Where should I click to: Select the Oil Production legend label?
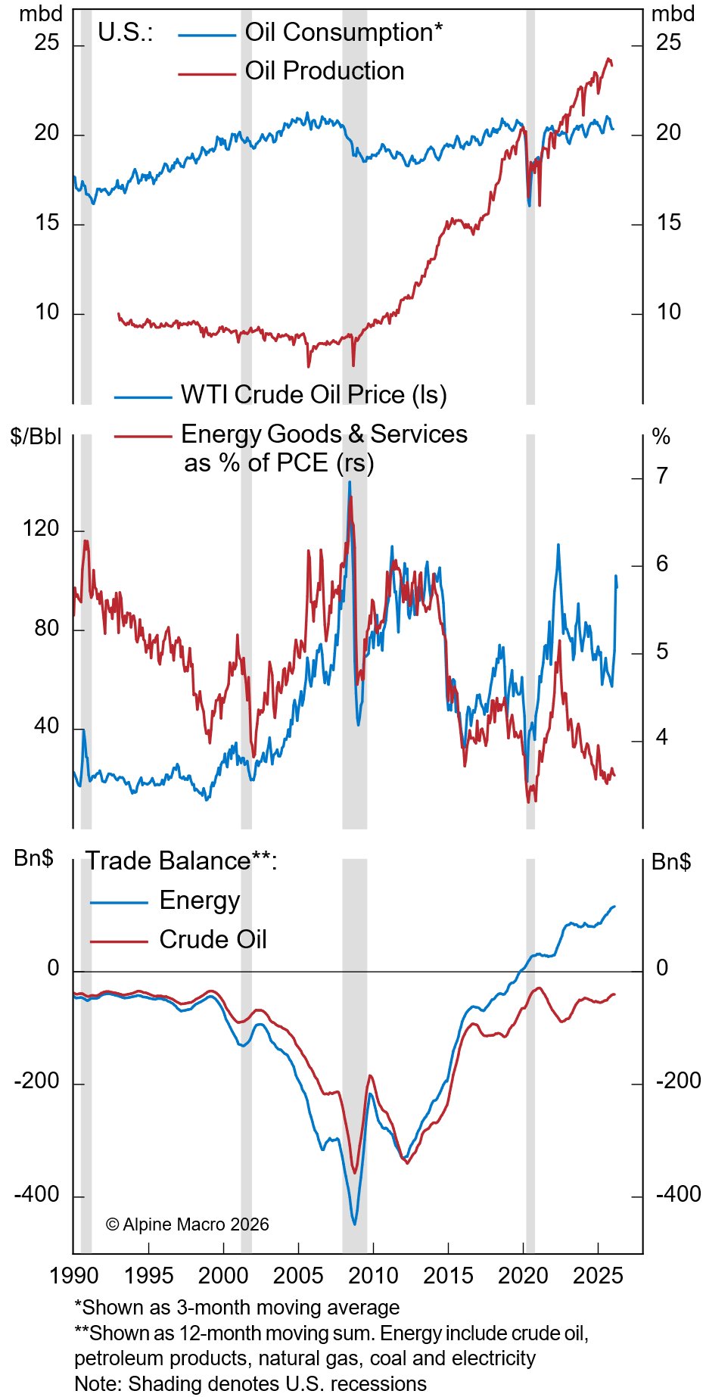tap(324, 71)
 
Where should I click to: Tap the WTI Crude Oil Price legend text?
tap(313, 394)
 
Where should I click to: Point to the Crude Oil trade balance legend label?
tap(213, 939)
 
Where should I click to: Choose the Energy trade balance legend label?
tap(199, 900)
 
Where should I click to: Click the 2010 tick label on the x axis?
tap(373, 1275)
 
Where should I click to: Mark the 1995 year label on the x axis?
tap(149, 1275)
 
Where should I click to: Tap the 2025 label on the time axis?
tap(598, 1275)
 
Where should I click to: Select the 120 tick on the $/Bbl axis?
tap(41, 528)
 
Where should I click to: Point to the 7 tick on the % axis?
tap(662, 476)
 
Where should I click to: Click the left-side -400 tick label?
tap(36, 1195)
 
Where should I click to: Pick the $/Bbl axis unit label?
tap(36, 437)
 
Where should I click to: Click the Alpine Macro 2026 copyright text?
tap(187, 1224)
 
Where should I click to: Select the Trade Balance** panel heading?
tap(181, 861)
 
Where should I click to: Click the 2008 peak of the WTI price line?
tap(349, 482)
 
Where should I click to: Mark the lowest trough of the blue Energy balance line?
tap(354, 1224)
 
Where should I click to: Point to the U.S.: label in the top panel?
tap(125, 33)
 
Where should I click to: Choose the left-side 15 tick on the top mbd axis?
tap(46, 223)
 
